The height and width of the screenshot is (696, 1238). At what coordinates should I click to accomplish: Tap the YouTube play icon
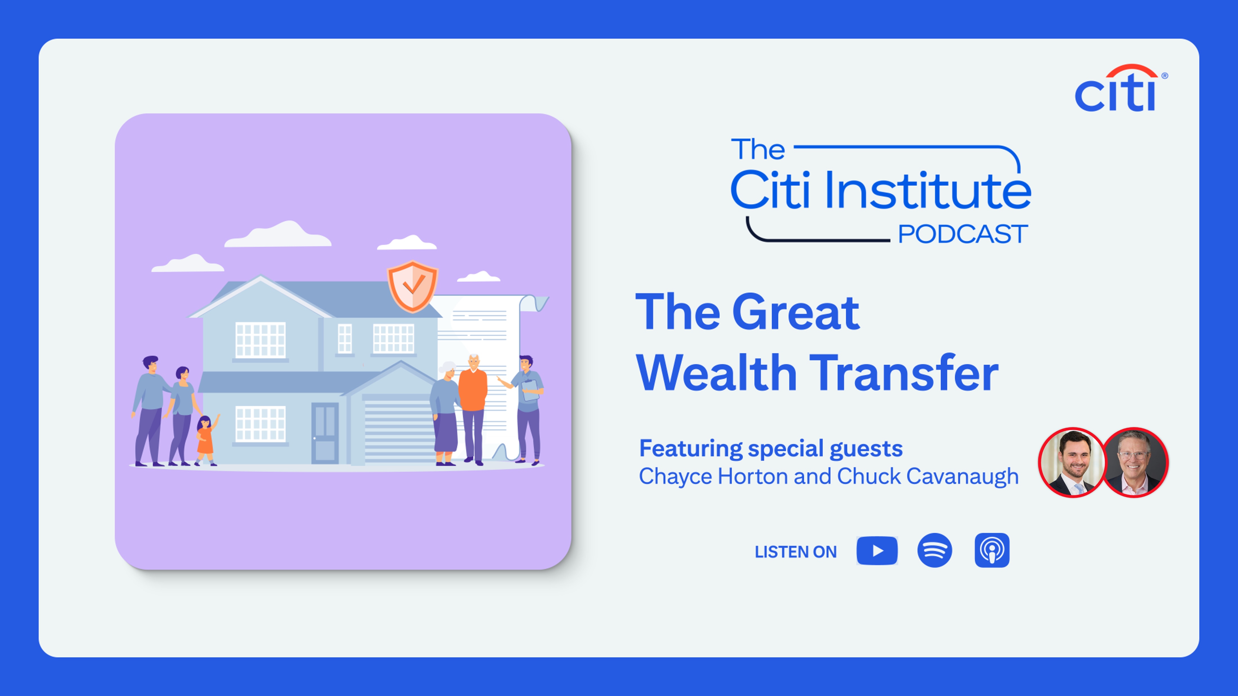click(877, 550)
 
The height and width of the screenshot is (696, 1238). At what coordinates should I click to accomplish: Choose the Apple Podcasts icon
click(992, 550)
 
